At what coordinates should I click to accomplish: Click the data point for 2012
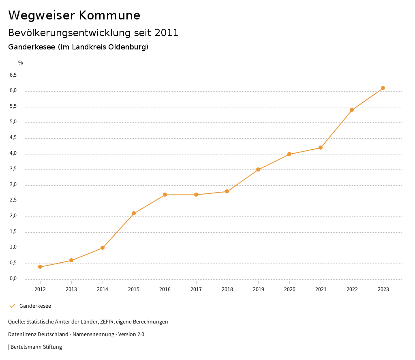point(40,267)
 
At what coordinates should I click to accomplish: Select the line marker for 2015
point(134,213)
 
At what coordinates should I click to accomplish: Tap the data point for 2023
point(383,88)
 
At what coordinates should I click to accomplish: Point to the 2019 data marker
point(258,169)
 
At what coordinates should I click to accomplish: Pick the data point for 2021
point(321,148)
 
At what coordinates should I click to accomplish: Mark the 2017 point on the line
point(196,195)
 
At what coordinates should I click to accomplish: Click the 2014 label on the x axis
point(103,289)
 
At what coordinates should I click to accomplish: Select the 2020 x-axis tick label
point(289,289)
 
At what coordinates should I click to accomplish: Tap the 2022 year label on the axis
point(352,289)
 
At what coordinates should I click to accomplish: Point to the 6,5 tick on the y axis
point(13,75)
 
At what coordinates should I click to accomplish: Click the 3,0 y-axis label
point(13,185)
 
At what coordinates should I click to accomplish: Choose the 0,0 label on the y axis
point(13,279)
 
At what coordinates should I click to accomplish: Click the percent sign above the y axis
point(21,63)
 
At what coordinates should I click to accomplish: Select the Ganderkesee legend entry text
point(35,306)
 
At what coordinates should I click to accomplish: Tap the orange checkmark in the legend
point(12,306)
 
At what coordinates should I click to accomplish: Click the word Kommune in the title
point(109,15)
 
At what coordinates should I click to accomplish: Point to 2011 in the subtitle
point(167,33)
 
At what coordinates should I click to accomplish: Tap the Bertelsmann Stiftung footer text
point(36,347)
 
